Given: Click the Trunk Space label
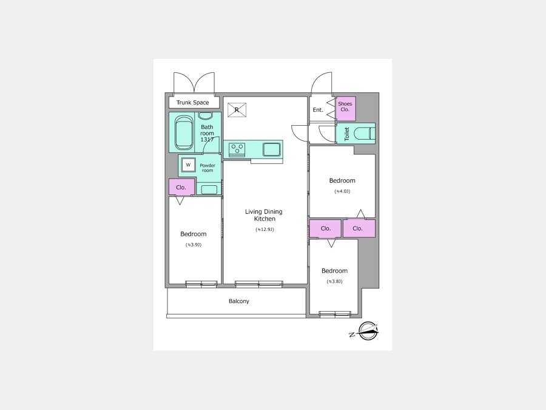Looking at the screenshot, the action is click(x=192, y=103).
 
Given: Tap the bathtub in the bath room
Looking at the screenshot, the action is click(x=184, y=132).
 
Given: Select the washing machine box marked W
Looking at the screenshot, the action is click(x=189, y=165).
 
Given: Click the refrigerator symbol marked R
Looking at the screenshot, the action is click(x=237, y=110).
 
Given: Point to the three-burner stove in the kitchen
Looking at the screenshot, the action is click(x=237, y=149).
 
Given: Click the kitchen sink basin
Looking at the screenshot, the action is click(x=272, y=149).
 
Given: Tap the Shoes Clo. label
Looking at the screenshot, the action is click(x=345, y=106).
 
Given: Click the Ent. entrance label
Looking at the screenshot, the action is click(x=318, y=110).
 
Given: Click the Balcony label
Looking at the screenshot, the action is click(x=239, y=301).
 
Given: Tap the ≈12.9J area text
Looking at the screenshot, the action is click(x=265, y=230).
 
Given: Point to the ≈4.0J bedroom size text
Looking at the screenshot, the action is click(x=342, y=191).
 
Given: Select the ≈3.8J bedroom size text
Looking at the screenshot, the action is click(x=335, y=281).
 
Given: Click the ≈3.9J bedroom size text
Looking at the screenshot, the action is click(x=194, y=245).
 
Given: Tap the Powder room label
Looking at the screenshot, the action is click(x=207, y=168).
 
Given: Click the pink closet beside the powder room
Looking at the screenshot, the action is click(x=181, y=187).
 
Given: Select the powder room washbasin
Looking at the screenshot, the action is click(x=209, y=190).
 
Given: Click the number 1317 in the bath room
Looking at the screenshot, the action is click(x=207, y=140).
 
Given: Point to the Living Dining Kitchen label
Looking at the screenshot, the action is click(x=264, y=215).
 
